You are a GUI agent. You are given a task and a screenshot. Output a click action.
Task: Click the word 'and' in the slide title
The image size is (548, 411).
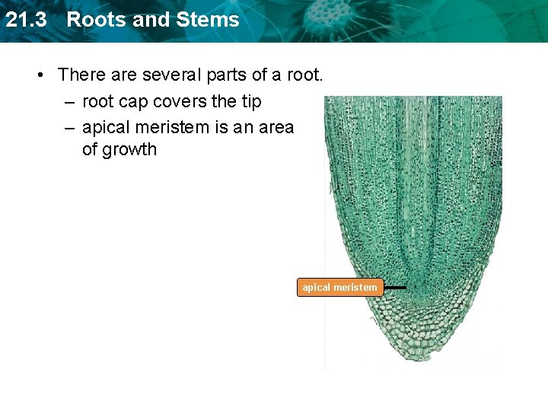[x=149, y=20]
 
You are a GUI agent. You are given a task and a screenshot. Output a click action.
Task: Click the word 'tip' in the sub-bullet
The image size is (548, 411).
[x=250, y=101]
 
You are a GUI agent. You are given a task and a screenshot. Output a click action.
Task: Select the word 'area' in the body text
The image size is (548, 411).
[x=276, y=127]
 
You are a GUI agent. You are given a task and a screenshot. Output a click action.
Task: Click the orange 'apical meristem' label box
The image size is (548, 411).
[x=339, y=288]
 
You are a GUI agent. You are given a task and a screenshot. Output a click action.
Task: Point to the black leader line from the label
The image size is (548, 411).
[x=394, y=288]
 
